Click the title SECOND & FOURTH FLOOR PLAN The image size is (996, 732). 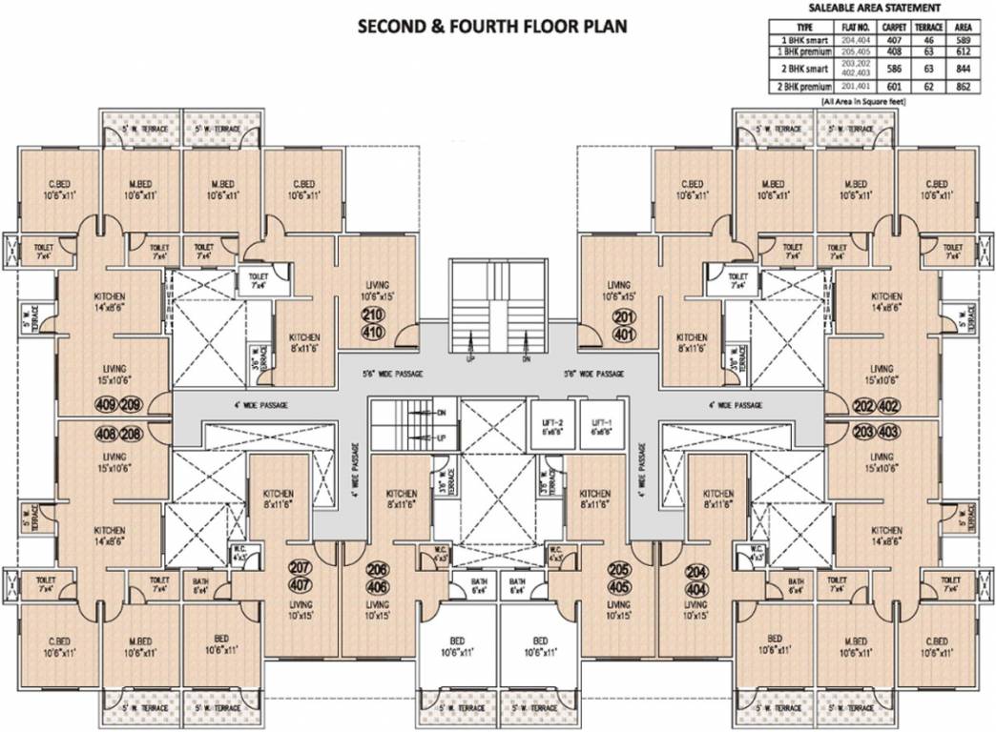(491, 26)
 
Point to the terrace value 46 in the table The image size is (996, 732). (923, 41)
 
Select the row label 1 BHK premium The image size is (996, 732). (799, 52)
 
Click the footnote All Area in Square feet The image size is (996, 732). (863, 99)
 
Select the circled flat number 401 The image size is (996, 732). (624, 335)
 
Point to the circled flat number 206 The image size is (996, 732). (377, 569)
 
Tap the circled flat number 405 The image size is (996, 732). (620, 586)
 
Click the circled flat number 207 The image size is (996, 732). (301, 569)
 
